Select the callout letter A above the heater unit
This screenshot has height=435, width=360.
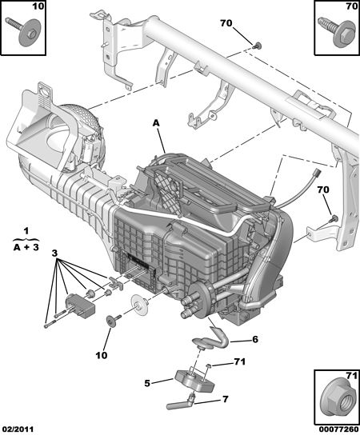pos(157,123)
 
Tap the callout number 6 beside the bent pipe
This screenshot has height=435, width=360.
pos(255,339)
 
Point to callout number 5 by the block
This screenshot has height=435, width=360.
pos(147,383)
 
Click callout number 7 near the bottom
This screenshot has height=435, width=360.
pos(225,399)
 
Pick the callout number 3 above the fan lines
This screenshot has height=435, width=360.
pos(54,253)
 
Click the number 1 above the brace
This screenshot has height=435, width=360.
pos(26,231)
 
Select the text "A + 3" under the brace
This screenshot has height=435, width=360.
pos(26,247)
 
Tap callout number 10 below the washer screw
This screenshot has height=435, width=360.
pos(102,355)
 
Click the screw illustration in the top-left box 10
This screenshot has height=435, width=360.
pos(23,31)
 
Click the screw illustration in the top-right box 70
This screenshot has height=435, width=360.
pos(337,31)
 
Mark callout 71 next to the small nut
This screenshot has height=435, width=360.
pos(239,361)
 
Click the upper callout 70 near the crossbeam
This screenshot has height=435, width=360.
pos(226,23)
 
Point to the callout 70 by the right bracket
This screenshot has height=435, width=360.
pos(323,190)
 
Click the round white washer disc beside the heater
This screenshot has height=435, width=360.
pos(140,305)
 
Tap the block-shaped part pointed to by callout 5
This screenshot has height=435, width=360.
pos(194,382)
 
